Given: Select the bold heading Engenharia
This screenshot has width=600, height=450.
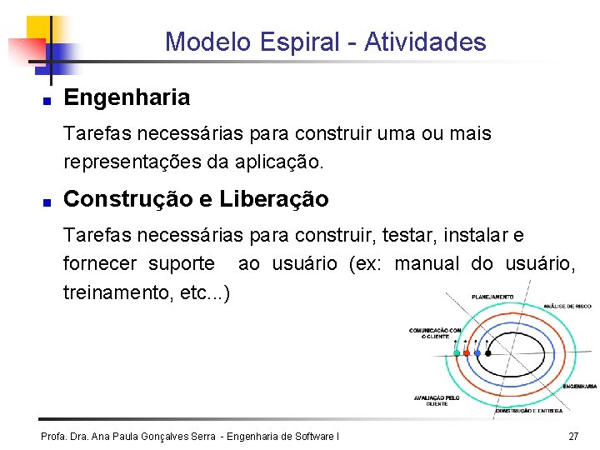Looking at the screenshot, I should tap(127, 97).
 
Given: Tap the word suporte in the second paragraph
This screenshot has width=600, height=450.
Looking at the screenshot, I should tap(181, 265).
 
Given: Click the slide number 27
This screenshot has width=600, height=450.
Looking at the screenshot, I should tap(572, 437).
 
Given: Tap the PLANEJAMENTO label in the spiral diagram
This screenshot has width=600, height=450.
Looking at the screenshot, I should tap(492, 297).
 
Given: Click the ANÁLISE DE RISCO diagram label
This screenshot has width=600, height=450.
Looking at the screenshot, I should tap(567, 306).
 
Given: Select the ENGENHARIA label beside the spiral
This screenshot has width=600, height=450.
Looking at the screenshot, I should tap(580, 386).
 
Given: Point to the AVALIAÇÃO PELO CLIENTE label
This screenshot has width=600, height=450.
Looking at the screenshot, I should tap(437, 400).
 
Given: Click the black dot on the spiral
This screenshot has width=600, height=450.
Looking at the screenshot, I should tap(488, 353).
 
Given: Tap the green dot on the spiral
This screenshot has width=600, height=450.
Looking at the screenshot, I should tap(457, 353).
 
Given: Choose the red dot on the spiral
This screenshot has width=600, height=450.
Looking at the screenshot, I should tap(467, 353).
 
